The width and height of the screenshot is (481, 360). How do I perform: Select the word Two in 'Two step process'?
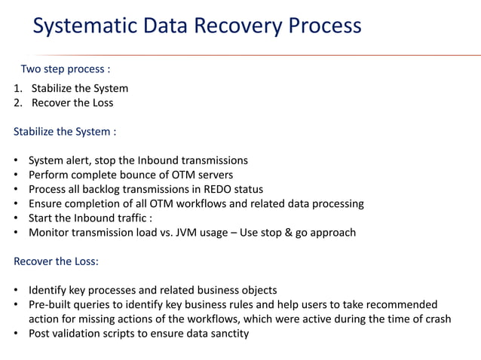point(31,69)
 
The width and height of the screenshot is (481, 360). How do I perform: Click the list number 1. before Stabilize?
point(19,88)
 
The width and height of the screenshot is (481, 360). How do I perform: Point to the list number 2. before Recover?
point(19,102)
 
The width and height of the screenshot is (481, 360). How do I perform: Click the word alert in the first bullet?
point(85,160)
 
